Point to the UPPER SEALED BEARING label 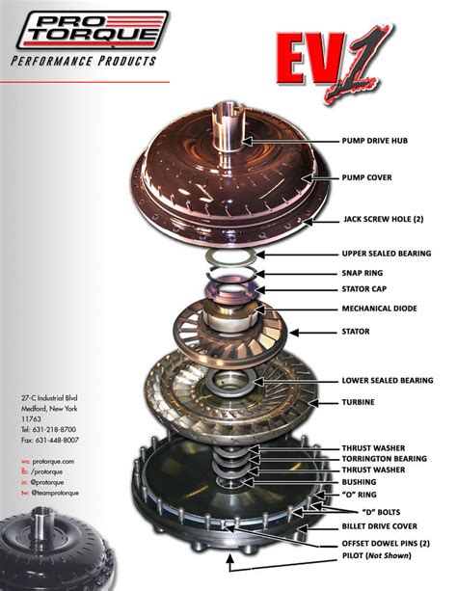tap(393, 255)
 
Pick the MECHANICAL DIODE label tap(386, 309)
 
